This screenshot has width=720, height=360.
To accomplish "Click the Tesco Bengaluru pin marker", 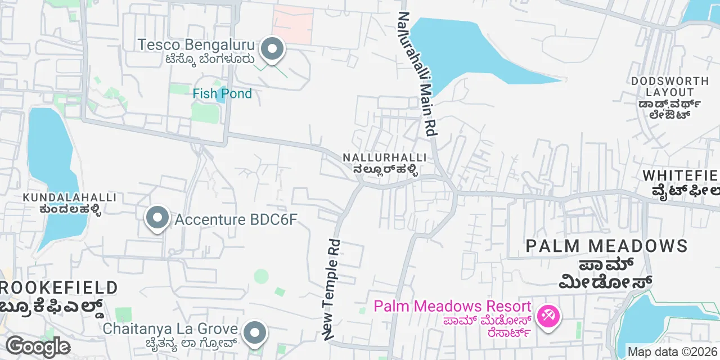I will (272, 49).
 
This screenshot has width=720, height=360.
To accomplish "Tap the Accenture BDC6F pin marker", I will (157, 217).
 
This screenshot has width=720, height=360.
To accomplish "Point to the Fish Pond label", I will (222, 93).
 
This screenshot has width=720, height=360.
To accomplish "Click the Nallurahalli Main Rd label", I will (417, 74).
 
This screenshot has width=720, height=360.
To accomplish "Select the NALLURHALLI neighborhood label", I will (385, 157).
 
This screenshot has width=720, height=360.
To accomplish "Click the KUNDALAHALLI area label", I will (70, 197).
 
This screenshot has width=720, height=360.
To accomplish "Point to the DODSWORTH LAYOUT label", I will (669, 87).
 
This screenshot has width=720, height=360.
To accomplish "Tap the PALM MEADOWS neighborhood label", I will (607, 246).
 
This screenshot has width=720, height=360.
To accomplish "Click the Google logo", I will (37, 346).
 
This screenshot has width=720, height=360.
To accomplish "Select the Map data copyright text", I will (673, 352).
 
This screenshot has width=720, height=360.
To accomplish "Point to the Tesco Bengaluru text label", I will (196, 44).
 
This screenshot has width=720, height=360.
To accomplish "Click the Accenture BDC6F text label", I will (235, 219).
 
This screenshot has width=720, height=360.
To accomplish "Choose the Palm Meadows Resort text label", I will (452, 307).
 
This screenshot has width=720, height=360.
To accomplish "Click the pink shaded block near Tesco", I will (292, 25).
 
